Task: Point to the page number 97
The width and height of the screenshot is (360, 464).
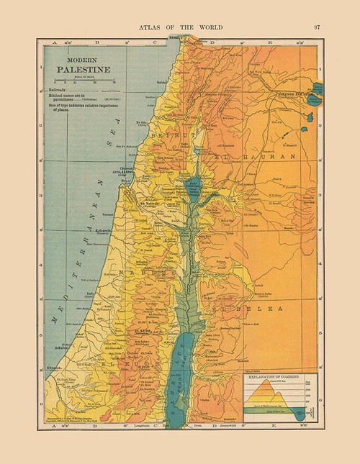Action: click(318, 27)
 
